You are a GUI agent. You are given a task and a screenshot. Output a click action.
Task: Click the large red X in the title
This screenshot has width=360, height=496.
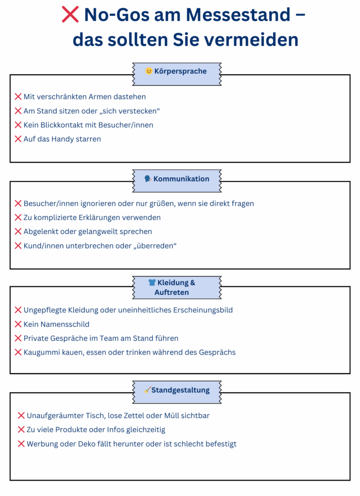70,15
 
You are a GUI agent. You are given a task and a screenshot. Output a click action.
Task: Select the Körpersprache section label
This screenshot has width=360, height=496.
180,71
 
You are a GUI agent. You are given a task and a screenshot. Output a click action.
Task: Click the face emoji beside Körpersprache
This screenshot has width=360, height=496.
149,71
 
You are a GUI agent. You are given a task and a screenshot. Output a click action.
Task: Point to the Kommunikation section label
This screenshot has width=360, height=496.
181,179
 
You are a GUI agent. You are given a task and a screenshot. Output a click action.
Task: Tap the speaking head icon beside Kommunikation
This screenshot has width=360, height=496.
148,179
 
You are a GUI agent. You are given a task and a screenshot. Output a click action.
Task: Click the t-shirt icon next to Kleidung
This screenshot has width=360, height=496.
152,282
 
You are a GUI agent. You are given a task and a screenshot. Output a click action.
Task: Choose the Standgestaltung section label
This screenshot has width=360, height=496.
180,390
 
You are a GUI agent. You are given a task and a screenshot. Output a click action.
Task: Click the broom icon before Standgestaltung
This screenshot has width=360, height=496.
148,390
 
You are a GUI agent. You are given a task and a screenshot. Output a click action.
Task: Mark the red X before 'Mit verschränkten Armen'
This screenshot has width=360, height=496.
18,96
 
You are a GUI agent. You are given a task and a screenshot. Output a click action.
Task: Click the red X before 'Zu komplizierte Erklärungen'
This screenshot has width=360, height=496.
18,217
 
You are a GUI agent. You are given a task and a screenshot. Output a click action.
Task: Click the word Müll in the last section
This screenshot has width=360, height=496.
172,416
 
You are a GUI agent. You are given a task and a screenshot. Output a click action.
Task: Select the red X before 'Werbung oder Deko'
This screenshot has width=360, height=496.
21,444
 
